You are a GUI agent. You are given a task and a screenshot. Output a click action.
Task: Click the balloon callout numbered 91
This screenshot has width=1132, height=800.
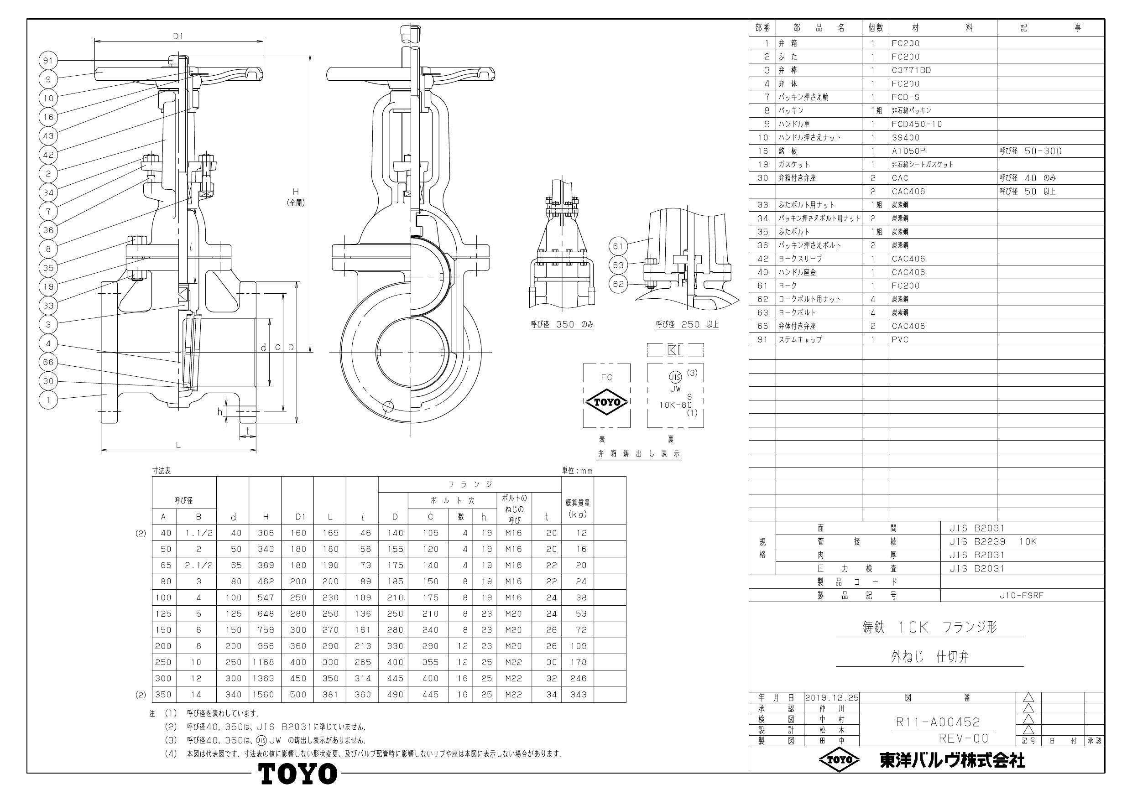(48, 61)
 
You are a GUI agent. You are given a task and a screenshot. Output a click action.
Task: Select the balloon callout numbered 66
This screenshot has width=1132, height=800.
(48, 362)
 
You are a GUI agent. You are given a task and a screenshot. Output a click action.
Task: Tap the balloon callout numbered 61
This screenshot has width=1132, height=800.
(618, 246)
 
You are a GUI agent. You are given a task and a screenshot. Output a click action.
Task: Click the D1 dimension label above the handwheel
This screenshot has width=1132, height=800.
(178, 36)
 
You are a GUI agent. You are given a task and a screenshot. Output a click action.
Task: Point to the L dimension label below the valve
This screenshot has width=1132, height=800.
(178, 445)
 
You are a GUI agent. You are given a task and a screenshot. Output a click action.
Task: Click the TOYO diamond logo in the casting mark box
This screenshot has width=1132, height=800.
(606, 402)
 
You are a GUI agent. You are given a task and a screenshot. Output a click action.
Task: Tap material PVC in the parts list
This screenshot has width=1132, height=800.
(900, 340)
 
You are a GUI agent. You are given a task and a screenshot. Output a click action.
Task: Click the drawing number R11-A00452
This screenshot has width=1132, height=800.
(937, 722)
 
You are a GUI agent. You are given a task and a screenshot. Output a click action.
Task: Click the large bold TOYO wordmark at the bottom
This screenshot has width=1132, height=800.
(298, 774)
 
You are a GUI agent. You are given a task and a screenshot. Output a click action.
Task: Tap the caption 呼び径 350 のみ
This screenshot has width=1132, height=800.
(562, 324)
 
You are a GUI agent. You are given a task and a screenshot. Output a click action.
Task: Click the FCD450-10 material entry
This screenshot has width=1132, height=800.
(917, 124)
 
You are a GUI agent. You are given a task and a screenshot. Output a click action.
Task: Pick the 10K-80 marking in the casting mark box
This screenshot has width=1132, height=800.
(675, 405)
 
